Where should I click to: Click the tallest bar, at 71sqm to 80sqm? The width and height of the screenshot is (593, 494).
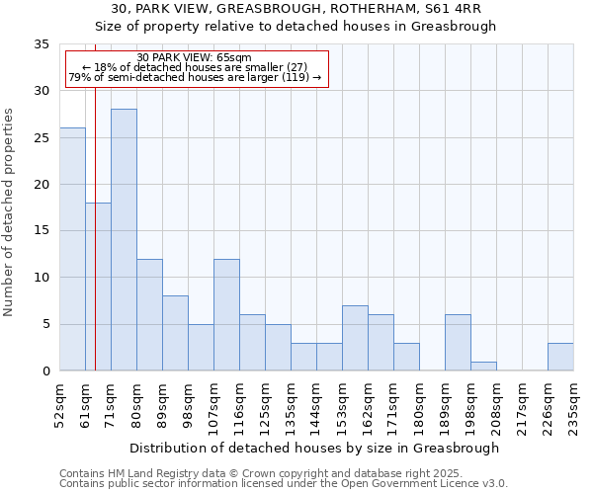[124, 240]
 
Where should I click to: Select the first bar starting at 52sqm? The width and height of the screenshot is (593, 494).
[72, 249]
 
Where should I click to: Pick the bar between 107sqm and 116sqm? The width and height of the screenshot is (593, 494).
[226, 314]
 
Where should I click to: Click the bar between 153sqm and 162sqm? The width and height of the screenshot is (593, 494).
[355, 338]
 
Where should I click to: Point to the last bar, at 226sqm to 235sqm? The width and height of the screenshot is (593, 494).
[560, 357]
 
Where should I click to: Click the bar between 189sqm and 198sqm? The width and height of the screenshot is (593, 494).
[458, 343]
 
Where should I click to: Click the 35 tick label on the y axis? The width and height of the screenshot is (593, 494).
[42, 44]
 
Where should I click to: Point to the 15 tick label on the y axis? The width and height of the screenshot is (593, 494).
[42, 231]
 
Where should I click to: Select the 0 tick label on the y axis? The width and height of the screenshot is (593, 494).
[45, 371]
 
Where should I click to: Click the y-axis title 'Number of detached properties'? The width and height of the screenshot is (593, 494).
[10, 212]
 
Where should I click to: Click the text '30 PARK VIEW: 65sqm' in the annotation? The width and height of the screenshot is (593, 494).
[195, 57]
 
